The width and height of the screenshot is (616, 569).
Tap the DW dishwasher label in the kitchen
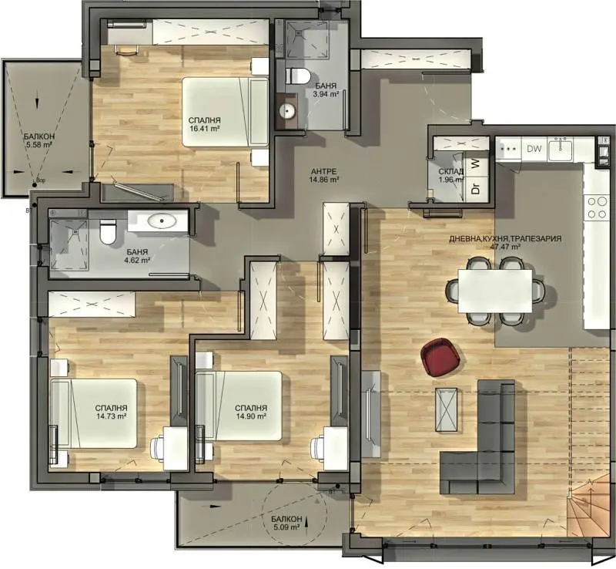(534, 148)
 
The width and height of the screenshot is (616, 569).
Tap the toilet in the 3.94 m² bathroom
(296, 76)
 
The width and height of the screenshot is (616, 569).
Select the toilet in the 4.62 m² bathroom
(108, 231)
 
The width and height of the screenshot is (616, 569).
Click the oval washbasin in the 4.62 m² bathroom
(163, 223)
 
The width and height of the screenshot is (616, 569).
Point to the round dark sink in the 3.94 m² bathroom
(288, 109)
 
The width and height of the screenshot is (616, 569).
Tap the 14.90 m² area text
(252, 416)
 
